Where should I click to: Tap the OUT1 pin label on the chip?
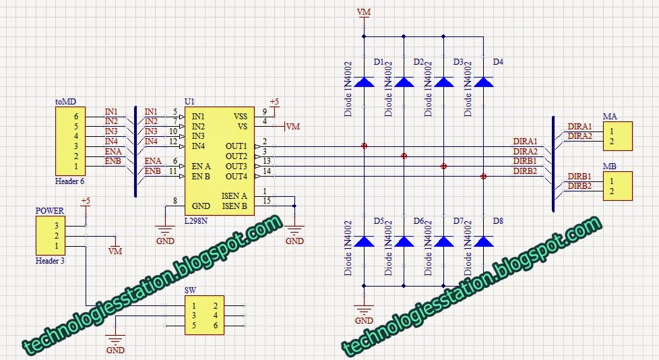pyautogui.click(x=236, y=146)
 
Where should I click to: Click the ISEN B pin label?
pyautogui.click(x=234, y=206)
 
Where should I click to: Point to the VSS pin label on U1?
pyautogui.click(x=240, y=116)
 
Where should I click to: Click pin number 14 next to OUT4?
pyautogui.click(x=267, y=172)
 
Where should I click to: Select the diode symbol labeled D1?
pyautogui.click(x=364, y=82)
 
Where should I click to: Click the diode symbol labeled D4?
pyautogui.click(x=483, y=82)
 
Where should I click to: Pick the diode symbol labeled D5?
pyautogui.click(x=364, y=241)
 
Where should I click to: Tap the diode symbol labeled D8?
pyautogui.click(x=483, y=241)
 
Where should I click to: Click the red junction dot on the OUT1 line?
pyautogui.click(x=364, y=146)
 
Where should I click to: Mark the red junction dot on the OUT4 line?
pyautogui.click(x=483, y=177)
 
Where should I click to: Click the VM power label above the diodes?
pyautogui.click(x=364, y=11)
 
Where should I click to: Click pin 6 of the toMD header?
pyautogui.click(x=76, y=116)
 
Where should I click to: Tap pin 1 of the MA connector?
pyautogui.click(x=611, y=131)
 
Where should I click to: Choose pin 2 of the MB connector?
pyautogui.click(x=611, y=191)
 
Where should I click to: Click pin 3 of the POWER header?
pyautogui.click(x=57, y=226)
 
